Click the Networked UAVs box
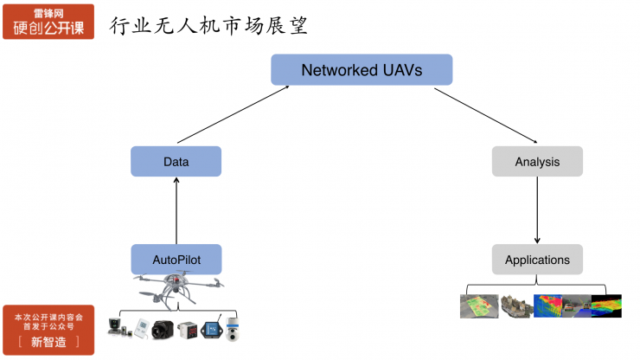click(362, 70)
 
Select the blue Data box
click(176, 162)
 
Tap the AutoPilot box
click(176, 260)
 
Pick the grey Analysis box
click(537, 162)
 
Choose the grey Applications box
click(537, 260)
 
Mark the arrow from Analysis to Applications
click(538, 210)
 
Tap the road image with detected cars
click(576, 305)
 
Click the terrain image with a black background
click(605, 305)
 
